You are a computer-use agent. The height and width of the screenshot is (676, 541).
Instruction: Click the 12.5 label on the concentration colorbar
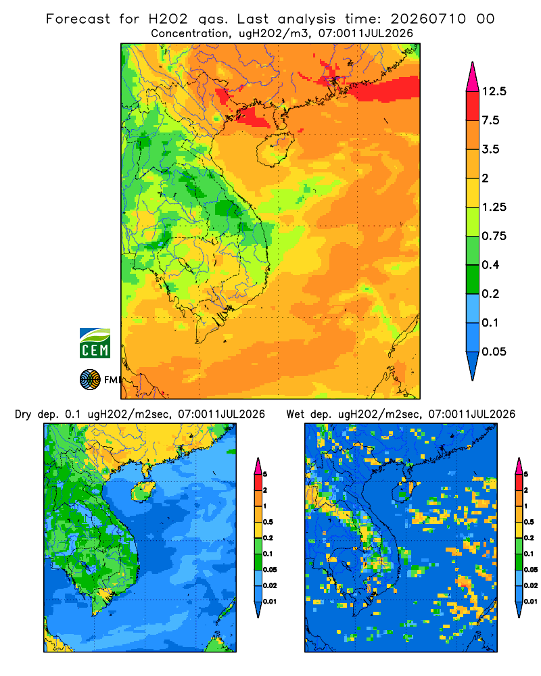(494, 91)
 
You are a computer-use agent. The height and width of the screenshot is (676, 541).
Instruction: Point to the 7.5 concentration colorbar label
(490, 120)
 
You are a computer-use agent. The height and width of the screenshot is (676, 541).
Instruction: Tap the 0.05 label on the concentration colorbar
(494, 352)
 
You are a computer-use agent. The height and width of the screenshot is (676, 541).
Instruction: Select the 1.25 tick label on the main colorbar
(494, 207)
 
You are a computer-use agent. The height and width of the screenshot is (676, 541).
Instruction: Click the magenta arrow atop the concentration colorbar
(473, 77)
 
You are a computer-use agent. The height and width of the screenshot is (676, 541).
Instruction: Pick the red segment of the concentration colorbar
(473, 106)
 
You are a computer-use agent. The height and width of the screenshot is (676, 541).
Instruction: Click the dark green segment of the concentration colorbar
(473, 279)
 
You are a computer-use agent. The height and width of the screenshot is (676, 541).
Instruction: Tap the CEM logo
(95, 343)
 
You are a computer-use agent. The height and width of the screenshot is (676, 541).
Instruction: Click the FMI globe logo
(90, 380)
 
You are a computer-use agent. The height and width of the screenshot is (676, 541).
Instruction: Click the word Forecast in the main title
(78, 19)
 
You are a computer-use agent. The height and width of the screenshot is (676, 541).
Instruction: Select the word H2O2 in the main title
(168, 19)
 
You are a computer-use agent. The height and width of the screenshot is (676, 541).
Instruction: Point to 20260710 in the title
(428, 19)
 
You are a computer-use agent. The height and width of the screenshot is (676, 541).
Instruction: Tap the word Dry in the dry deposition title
(23, 415)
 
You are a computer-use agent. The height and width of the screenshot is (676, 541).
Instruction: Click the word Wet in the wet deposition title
(295, 414)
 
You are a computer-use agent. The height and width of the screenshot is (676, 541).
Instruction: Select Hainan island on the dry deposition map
(143, 491)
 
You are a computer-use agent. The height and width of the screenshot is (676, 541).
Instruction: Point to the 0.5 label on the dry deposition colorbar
(268, 522)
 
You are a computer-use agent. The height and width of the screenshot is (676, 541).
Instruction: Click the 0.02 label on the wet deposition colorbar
(531, 585)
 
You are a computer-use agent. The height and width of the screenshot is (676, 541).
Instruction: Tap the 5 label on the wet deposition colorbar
(526, 475)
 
